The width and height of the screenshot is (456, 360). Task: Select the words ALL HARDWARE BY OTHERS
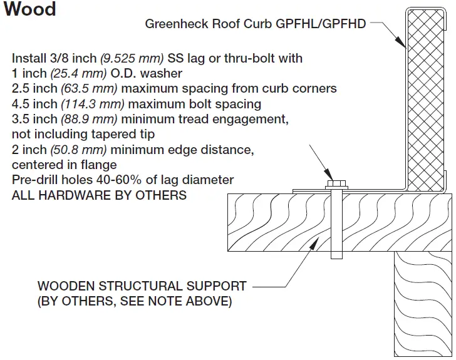[99, 195]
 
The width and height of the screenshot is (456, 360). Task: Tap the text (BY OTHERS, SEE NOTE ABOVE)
[135, 302]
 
